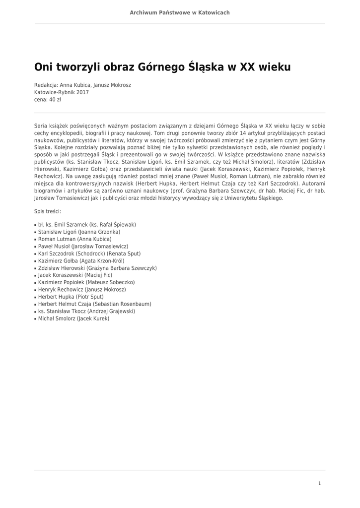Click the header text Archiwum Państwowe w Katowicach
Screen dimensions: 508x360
(x=180, y=12)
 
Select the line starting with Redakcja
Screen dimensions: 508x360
(x=82, y=85)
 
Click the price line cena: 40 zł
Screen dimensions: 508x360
(x=48, y=99)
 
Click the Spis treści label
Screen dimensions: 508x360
(x=48, y=211)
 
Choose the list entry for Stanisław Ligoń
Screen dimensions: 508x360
(x=79, y=232)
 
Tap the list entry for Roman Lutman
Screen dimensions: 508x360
(x=74, y=239)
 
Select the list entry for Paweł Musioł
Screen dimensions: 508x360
(x=83, y=246)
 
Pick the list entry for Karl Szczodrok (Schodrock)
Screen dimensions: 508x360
(x=89, y=254)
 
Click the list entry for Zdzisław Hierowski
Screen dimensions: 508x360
(x=97, y=268)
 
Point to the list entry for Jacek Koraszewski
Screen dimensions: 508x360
(x=75, y=275)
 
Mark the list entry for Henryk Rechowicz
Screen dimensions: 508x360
(x=82, y=289)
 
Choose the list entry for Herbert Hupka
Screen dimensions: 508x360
(x=71, y=297)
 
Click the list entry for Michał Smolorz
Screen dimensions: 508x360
(x=73, y=318)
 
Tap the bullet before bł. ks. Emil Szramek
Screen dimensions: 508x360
(x=36, y=225)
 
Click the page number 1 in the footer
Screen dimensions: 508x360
(x=319, y=483)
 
